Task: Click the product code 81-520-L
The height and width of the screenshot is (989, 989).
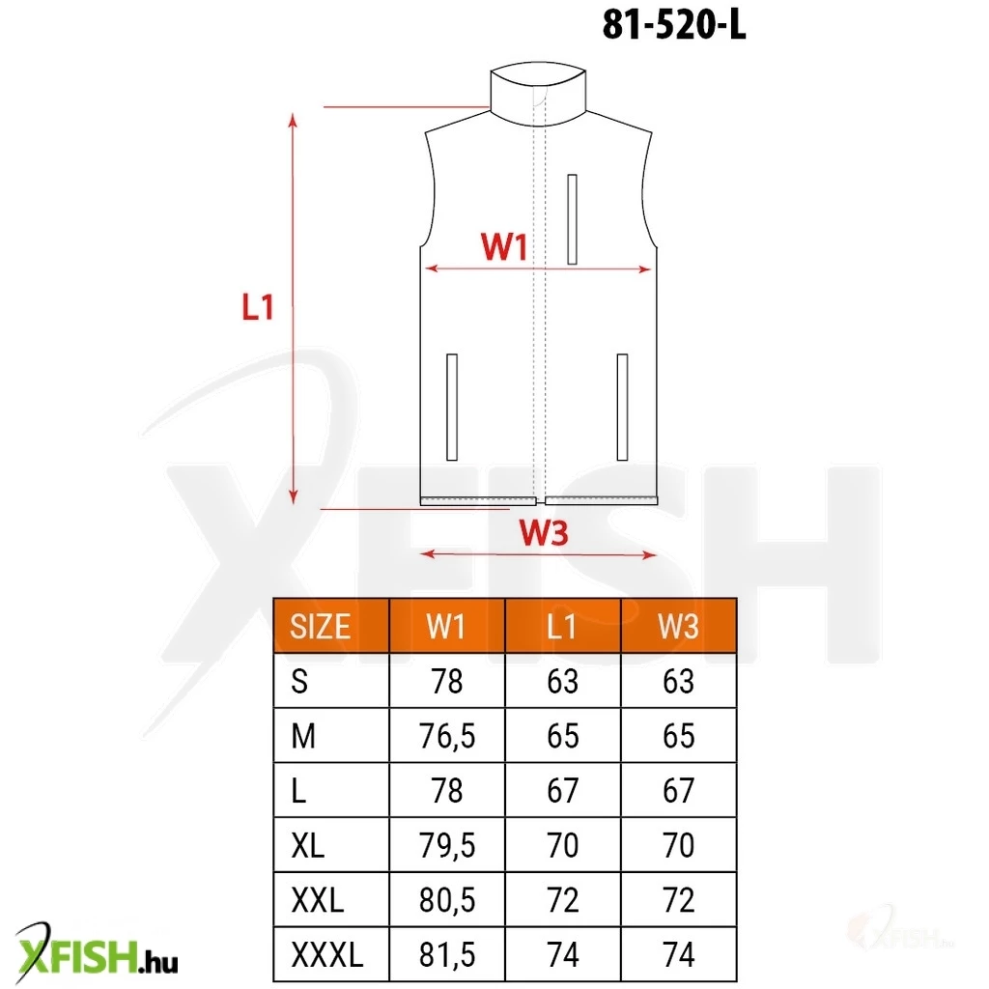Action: click(673, 26)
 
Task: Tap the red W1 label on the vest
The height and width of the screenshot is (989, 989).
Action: click(504, 246)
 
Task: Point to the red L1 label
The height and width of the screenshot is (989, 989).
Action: click(258, 307)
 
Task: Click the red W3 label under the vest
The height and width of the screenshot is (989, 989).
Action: click(544, 533)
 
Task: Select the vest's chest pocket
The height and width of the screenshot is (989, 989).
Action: click(572, 219)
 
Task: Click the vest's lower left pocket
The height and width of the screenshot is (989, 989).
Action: click(452, 407)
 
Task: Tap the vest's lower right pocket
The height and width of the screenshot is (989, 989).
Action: click(622, 407)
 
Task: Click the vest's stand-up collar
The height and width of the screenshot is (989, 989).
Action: click(538, 95)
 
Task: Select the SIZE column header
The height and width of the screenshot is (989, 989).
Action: click(320, 626)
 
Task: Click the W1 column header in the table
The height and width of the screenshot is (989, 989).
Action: click(446, 626)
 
